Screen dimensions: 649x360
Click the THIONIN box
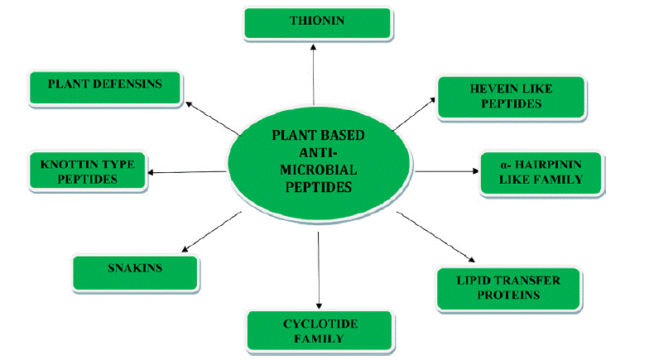(318, 23)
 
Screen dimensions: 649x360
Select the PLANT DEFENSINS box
(105, 88)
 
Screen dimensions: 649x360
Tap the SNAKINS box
(136, 273)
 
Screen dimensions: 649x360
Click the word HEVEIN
(490, 89)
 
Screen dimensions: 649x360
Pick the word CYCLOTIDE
(320, 324)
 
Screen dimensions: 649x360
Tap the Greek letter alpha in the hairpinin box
(503, 166)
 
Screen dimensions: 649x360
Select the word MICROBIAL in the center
(318, 170)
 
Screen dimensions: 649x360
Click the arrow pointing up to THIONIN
(313, 74)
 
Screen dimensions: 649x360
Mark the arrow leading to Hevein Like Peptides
(414, 114)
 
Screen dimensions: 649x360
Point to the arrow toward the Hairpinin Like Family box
(447, 170)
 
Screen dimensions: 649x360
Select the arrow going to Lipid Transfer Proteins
(435, 237)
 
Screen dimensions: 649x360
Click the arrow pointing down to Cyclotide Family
(319, 270)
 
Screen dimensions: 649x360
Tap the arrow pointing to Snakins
(212, 232)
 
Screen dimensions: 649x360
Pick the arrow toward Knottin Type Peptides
(187, 172)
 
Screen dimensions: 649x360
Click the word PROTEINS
(508, 295)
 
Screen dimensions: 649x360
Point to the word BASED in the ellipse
(343, 135)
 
